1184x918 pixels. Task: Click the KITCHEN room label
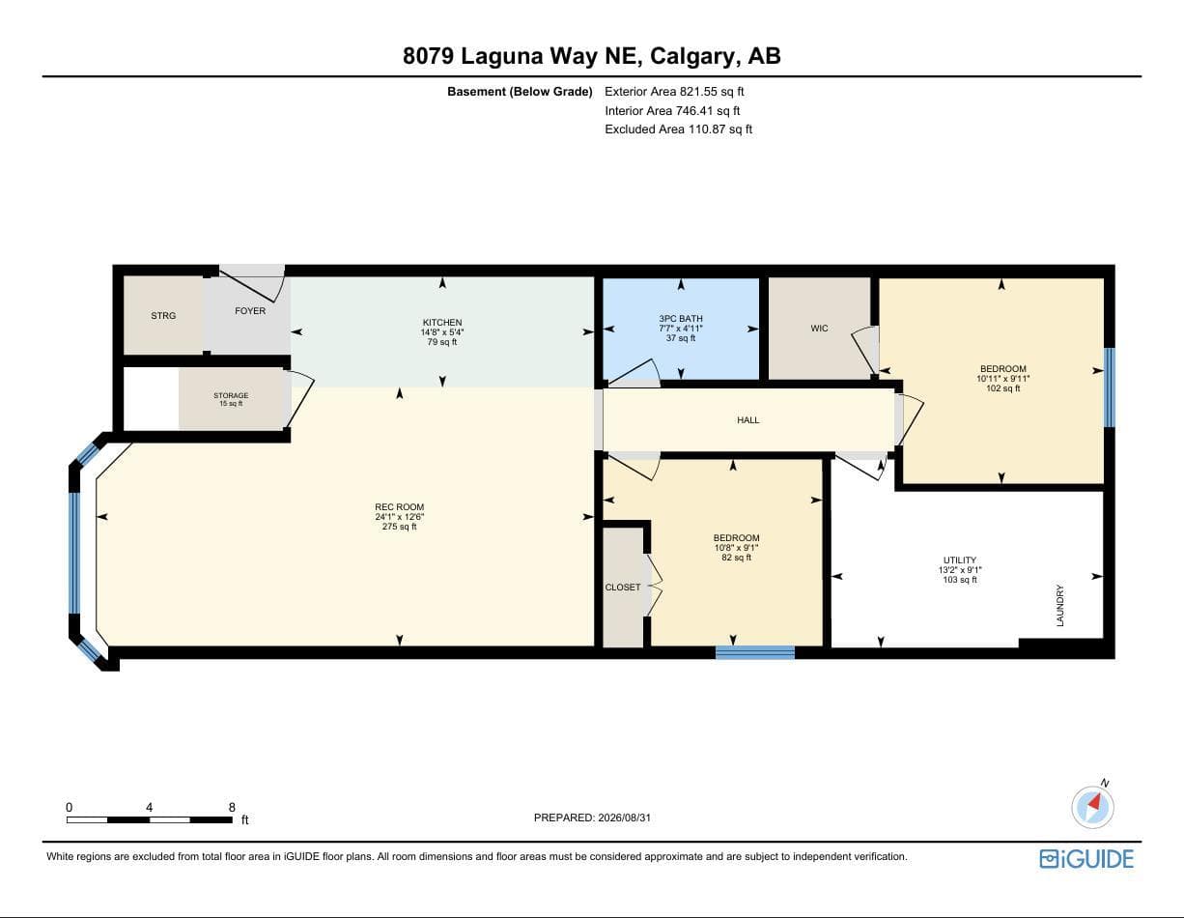[442, 322]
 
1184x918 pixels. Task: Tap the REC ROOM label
[399, 507]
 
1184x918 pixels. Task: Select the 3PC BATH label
[681, 318]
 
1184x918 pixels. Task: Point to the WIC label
[819, 329]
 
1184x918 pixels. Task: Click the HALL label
[748, 419]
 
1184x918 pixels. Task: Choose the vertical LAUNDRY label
[1059, 605]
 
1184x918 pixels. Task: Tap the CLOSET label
[622, 588]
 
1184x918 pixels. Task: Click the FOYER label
[250, 311]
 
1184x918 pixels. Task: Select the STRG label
[163, 316]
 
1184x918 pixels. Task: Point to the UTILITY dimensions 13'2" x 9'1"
[960, 570]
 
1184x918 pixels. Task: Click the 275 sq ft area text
[399, 527]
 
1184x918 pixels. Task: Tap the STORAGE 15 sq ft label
[231, 399]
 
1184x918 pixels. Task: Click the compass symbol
[1092, 807]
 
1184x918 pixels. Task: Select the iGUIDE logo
[1086, 859]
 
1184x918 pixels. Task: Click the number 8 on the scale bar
[232, 807]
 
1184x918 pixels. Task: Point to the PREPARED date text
[592, 818]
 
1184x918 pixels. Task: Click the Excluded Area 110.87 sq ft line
[678, 129]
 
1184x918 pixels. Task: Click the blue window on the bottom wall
[754, 652]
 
